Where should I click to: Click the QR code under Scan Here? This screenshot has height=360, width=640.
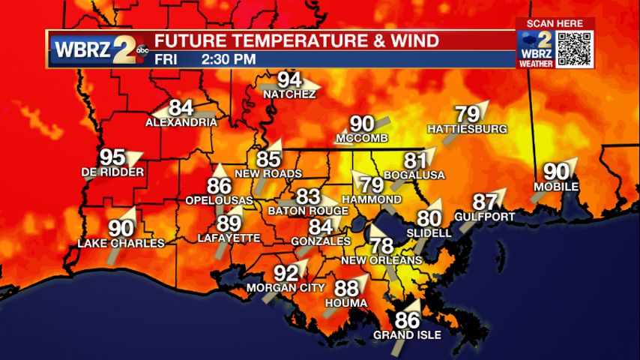(576, 49)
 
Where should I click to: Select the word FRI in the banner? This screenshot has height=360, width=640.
(167, 58)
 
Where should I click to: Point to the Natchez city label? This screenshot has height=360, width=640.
(289, 94)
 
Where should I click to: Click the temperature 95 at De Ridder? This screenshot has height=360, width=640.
(112, 157)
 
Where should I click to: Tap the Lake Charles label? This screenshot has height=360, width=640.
(121, 243)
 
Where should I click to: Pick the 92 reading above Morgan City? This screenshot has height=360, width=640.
(286, 273)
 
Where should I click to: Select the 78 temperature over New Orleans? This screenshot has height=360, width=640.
(381, 245)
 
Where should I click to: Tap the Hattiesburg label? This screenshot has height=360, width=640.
(467, 129)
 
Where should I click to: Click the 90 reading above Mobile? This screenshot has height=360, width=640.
(556, 171)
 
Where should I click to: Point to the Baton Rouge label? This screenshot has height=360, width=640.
(308, 211)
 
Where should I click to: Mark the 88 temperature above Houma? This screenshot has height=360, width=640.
(346, 289)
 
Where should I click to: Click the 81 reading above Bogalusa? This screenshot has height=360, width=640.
(414, 160)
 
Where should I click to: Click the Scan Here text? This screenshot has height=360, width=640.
(555, 23)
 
